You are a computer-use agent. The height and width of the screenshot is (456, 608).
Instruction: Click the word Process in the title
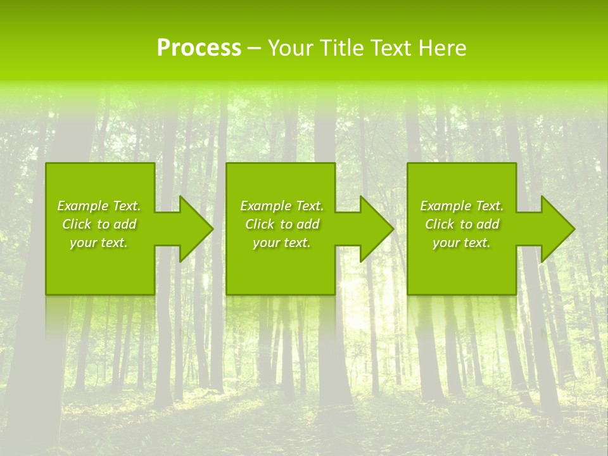click(199, 48)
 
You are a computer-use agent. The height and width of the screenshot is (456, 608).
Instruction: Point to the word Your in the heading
click(291, 48)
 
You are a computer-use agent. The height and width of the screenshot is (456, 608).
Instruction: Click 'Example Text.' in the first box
click(99, 206)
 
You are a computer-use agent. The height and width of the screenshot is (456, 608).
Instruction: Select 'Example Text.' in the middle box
click(282, 206)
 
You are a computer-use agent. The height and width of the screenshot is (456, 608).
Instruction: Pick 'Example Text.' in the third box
click(462, 206)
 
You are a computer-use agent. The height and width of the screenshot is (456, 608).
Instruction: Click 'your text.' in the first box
click(99, 243)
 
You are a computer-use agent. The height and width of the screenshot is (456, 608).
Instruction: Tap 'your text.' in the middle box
click(282, 243)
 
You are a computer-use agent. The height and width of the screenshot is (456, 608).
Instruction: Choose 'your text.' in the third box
click(462, 243)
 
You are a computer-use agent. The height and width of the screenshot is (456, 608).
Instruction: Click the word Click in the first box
click(77, 224)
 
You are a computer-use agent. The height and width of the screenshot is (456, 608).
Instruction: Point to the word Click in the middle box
click(260, 224)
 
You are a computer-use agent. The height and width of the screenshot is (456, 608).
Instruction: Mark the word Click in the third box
click(440, 224)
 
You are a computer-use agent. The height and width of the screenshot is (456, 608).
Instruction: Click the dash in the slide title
click(255, 48)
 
